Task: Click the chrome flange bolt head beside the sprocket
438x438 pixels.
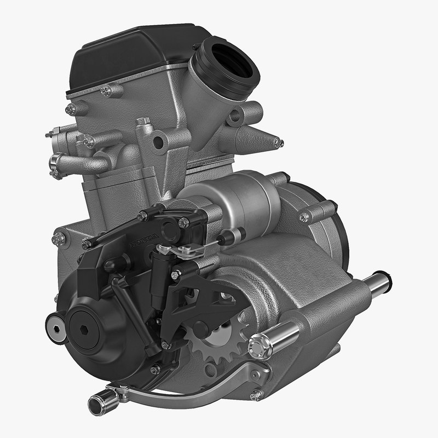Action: [x=259, y=346]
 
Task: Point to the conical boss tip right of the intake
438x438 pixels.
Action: [x=279, y=143]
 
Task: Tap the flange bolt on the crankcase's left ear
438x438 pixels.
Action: [x=58, y=239]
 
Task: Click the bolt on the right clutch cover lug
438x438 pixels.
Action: [x=304, y=217]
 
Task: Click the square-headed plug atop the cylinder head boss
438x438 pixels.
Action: [x=143, y=121]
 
